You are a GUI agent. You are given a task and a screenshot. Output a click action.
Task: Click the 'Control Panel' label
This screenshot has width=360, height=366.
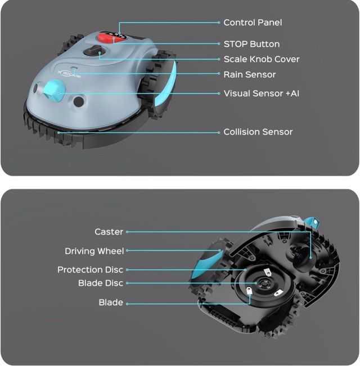pos(253,23)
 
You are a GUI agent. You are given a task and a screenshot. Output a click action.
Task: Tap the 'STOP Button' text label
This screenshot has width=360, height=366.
pos(251,44)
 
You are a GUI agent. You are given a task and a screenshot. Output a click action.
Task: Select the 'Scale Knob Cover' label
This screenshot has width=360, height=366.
pos(262,59)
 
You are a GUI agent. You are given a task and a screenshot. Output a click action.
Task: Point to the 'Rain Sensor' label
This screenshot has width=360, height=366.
pos(250,74)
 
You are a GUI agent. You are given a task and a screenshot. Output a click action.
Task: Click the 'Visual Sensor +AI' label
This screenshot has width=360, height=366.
pos(261,94)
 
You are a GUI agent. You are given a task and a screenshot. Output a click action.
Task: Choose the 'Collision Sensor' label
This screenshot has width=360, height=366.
pos(258,132)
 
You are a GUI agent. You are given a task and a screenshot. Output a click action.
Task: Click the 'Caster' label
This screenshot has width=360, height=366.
pos(109,232)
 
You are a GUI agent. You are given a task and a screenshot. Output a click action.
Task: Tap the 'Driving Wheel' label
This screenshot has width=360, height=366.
pos(94,251)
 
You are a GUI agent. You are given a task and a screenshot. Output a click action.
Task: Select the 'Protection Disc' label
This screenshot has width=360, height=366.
pos(90,270)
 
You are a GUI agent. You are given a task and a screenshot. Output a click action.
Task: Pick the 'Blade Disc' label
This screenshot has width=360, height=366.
pos(101,283)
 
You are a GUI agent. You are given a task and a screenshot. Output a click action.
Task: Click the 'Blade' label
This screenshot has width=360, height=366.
pos(111,302)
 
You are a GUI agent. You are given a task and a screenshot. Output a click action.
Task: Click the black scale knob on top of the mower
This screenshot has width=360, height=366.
pos(93,51)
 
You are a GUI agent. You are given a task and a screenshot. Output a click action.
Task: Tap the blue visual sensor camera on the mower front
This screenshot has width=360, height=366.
pos(53,91)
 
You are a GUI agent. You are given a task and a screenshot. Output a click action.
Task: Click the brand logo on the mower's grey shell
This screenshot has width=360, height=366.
pos(69,73)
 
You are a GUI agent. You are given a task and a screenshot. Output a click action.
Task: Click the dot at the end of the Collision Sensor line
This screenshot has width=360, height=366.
pos(219,133)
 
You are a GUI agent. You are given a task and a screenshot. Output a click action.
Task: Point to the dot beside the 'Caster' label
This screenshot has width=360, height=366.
pos(127,232)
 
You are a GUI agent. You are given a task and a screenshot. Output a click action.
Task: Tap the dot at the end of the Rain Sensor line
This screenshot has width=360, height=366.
pos(219,73)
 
